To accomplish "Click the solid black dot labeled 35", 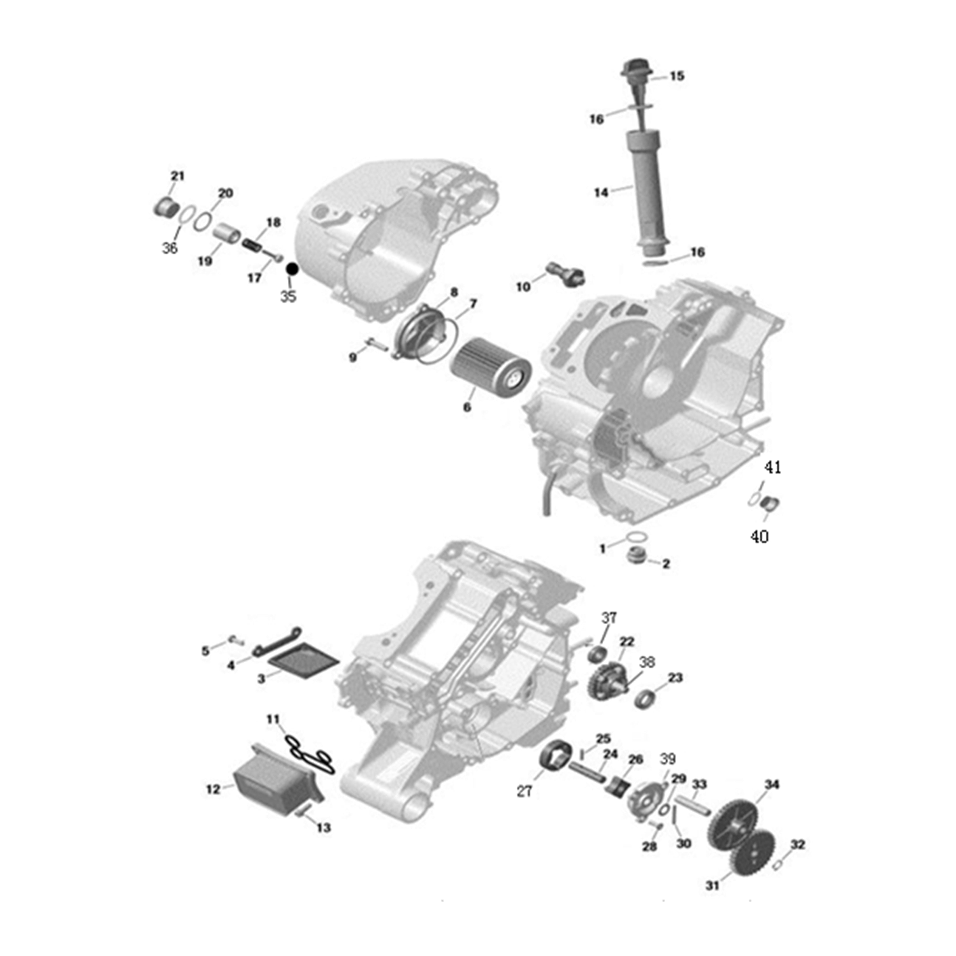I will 292,269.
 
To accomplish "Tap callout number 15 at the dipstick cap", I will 677,76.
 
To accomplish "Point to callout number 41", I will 773,467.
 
